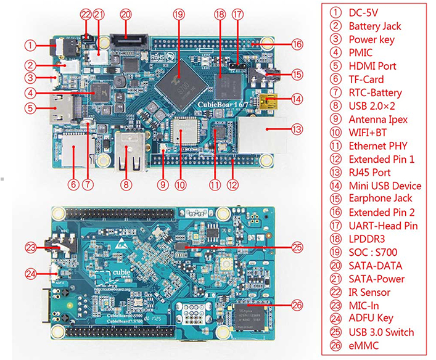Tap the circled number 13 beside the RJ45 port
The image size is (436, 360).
pos(297,129)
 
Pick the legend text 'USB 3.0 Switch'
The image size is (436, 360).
pos(381,332)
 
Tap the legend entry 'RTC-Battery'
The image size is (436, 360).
pos(375,92)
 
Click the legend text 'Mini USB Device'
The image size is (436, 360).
pos(385,186)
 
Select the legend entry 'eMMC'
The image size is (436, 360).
pos(363,346)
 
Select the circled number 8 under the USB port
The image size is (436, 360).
pos(126,183)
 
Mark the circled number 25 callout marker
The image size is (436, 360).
pos(297,247)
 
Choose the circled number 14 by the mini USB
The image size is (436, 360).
pos(297,99)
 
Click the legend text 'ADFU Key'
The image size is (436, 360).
pos(371,319)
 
